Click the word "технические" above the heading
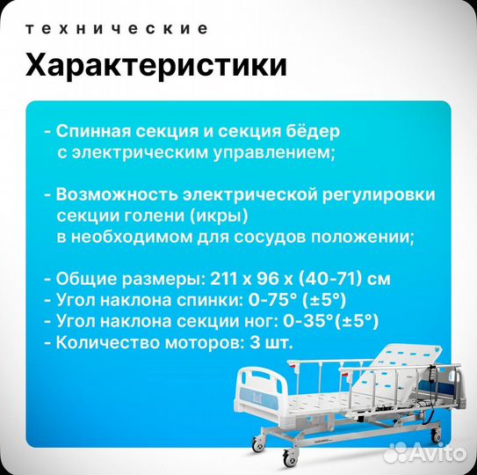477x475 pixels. [118, 29]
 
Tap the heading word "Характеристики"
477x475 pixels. [156, 66]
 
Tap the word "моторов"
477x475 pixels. [203, 342]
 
